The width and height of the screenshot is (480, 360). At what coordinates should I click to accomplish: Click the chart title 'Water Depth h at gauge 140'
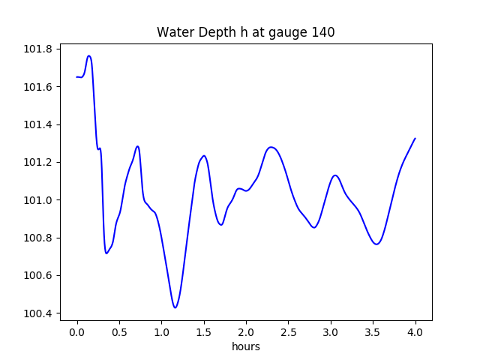click(x=245, y=32)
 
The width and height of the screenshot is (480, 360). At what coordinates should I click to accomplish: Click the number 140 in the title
click(x=323, y=32)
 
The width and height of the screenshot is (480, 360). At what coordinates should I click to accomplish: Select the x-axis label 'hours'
click(x=246, y=347)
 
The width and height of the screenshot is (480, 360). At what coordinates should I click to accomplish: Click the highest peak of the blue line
click(x=89, y=55)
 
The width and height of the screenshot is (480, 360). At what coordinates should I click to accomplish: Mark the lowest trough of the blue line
click(x=175, y=307)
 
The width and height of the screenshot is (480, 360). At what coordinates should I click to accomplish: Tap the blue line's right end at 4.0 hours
click(x=415, y=139)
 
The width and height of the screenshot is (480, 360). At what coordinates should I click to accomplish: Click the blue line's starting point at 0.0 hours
click(x=76, y=76)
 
